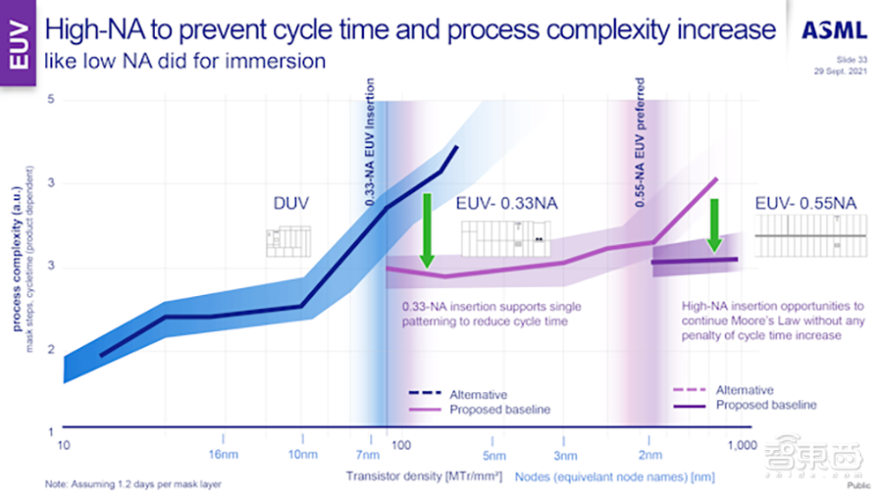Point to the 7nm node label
click(367, 454)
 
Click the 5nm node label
click(494, 455)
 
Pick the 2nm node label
click(649, 454)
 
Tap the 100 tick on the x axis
click(401, 445)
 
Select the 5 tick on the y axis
click(51, 100)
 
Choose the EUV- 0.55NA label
click(805, 203)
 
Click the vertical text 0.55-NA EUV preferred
click(640, 142)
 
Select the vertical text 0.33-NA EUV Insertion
click(371, 142)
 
